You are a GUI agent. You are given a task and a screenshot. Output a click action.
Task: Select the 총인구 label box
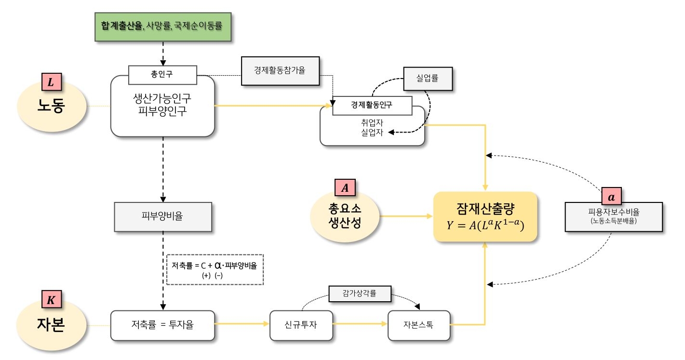[162, 75]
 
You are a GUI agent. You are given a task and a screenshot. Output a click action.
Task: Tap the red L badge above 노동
[51, 82]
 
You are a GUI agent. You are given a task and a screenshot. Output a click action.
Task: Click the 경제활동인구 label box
[372, 106]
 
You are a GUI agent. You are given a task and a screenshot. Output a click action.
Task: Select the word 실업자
[372, 133]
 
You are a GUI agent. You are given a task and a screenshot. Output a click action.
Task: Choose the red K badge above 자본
[51, 299]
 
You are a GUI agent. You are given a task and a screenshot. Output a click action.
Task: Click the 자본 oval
[51, 324]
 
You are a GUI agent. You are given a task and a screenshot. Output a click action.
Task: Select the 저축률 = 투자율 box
[162, 324]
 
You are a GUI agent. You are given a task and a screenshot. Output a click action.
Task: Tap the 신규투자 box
[301, 324]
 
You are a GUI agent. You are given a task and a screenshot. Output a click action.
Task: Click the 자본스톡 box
[418, 324]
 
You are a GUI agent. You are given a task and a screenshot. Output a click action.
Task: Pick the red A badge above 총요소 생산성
[345, 188]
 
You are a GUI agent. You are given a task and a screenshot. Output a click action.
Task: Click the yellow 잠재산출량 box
[485, 216]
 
